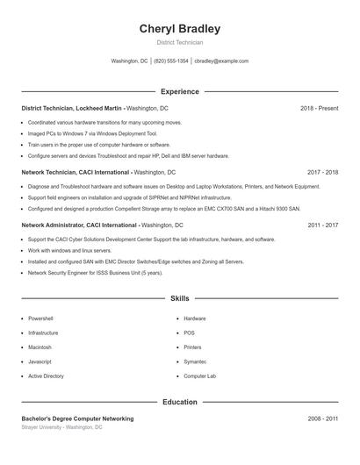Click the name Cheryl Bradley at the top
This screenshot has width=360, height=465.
(179, 29)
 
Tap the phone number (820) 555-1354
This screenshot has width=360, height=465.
(171, 61)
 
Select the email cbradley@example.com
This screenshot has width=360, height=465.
(221, 61)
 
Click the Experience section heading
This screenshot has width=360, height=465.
(179, 91)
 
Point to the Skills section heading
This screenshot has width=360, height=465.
(179, 299)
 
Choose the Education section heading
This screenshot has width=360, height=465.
(179, 402)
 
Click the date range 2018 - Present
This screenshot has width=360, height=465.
(319, 108)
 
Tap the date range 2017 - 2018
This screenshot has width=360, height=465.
(322, 173)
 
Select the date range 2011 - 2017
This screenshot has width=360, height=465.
(322, 225)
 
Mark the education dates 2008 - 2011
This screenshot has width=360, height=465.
(322, 418)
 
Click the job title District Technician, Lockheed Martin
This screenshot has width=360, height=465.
(73, 108)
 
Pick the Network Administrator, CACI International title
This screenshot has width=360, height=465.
(79, 225)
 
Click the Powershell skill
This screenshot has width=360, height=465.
(40, 318)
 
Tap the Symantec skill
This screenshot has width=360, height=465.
(195, 361)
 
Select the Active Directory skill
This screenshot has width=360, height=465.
(46, 376)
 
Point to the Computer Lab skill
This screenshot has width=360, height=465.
(199, 376)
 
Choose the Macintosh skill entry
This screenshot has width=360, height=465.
(40, 347)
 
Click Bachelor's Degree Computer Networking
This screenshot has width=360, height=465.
(77, 418)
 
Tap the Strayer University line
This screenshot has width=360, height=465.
(61, 427)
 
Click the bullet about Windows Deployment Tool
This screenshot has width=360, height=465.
(91, 133)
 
